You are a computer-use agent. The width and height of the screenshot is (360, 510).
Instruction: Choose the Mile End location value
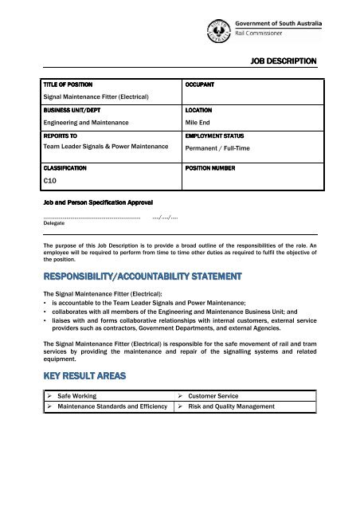coord(199,124)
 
